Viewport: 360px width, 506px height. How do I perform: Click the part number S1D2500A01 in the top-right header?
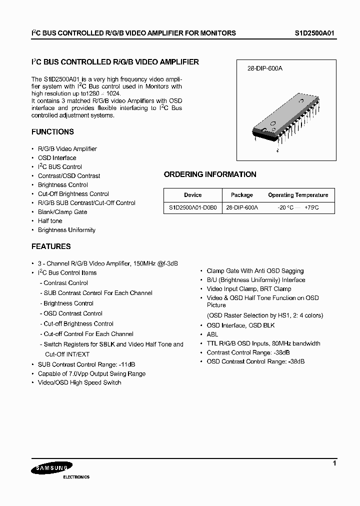point(313,33)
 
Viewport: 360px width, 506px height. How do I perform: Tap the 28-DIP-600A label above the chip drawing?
point(265,68)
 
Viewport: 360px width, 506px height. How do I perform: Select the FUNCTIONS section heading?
point(52,132)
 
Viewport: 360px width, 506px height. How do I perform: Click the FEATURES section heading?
point(51,246)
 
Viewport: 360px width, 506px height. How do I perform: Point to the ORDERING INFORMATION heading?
point(210,174)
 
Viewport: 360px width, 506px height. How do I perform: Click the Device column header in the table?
point(192,195)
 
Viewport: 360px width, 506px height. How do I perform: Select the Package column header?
point(242,195)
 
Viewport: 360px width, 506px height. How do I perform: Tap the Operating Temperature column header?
point(298,195)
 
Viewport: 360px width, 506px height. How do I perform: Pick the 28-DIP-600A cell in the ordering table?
point(242,207)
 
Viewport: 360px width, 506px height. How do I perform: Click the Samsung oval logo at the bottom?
point(48,468)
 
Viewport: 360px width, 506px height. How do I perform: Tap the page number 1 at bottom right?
point(334,464)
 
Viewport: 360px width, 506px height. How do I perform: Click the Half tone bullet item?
point(50,221)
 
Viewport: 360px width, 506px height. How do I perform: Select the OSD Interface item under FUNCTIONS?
point(57,158)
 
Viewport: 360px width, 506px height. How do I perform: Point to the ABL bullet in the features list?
point(212,334)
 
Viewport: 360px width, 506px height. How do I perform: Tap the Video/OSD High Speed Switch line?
point(79,382)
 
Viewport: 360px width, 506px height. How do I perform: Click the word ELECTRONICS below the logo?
point(76,477)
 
